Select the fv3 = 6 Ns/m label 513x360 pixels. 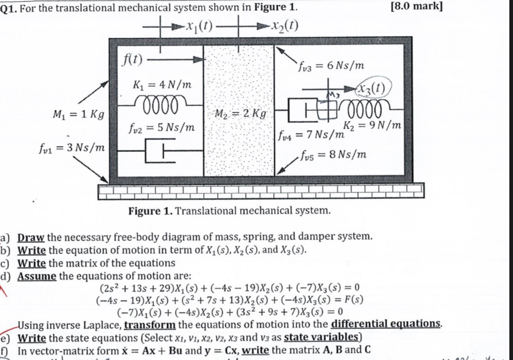pyautogui.click(x=330, y=66)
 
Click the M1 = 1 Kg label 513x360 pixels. pyautogui.click(x=78, y=115)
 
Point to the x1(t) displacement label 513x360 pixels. pyautogui.click(x=199, y=26)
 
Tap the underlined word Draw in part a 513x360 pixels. pyautogui.click(x=31, y=236)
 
